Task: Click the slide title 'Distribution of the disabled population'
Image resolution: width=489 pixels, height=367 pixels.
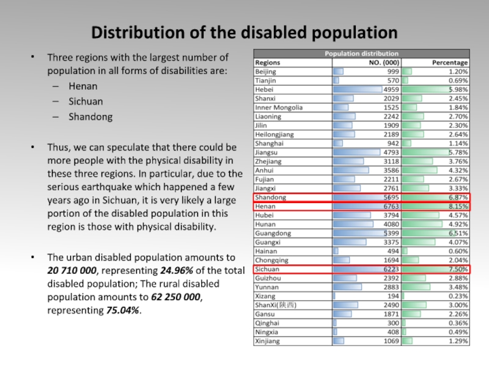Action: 244,31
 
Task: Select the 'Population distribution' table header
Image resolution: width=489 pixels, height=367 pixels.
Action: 361,54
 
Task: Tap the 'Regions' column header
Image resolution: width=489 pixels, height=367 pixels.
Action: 268,62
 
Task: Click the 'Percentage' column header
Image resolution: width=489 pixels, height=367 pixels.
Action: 450,62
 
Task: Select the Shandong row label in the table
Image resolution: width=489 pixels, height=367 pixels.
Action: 270,198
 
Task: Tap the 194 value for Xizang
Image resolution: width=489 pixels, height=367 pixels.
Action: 393,296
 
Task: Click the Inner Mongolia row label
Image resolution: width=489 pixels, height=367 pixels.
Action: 279,108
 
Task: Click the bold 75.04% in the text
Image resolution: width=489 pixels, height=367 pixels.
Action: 123,311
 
